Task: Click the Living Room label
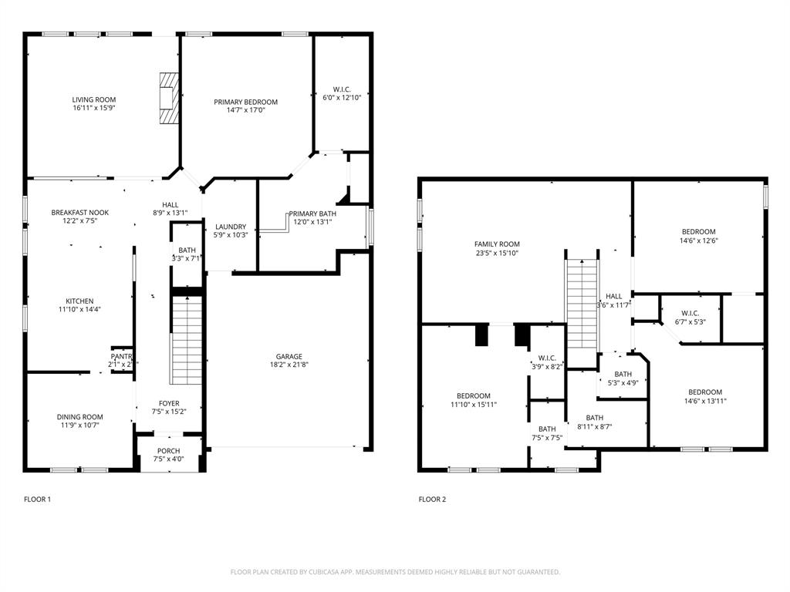click(x=94, y=99)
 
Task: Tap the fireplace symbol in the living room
click(x=168, y=97)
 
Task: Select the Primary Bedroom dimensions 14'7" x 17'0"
click(x=245, y=110)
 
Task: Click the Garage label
click(x=289, y=356)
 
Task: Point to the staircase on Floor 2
click(x=582, y=304)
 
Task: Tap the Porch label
click(x=168, y=451)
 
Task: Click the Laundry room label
click(x=230, y=227)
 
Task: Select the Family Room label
click(x=497, y=244)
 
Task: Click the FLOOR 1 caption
click(x=37, y=499)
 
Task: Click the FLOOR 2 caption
click(x=432, y=499)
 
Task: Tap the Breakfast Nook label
click(x=80, y=212)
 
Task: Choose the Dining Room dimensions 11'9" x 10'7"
click(x=80, y=425)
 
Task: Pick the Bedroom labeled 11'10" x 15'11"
click(x=473, y=404)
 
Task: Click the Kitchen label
click(x=79, y=301)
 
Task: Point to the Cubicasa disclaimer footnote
click(x=395, y=572)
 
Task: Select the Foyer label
click(x=168, y=403)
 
